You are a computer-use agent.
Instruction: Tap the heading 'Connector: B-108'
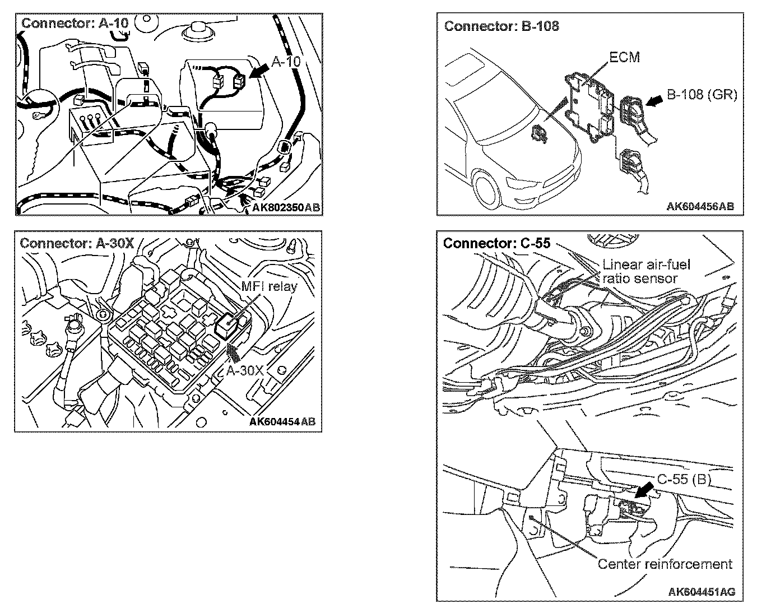pyautogui.click(x=501, y=26)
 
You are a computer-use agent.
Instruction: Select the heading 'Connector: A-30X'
pyautogui.click(x=76, y=243)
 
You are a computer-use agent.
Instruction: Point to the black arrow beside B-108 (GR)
pyautogui.click(x=653, y=100)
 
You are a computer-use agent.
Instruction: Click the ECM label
pyautogui.click(x=624, y=57)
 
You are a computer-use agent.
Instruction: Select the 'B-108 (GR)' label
pyautogui.click(x=701, y=95)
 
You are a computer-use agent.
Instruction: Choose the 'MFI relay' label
pyautogui.click(x=269, y=286)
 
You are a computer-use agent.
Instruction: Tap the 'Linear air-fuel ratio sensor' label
pyautogui.click(x=646, y=271)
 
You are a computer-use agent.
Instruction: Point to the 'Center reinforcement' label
pyautogui.click(x=665, y=564)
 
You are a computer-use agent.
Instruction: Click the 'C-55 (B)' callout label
pyautogui.click(x=684, y=480)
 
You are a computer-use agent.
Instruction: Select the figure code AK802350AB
pyautogui.click(x=285, y=207)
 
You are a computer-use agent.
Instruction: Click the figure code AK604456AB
pyautogui.click(x=700, y=206)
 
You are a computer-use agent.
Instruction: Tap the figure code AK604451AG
pyautogui.click(x=702, y=592)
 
